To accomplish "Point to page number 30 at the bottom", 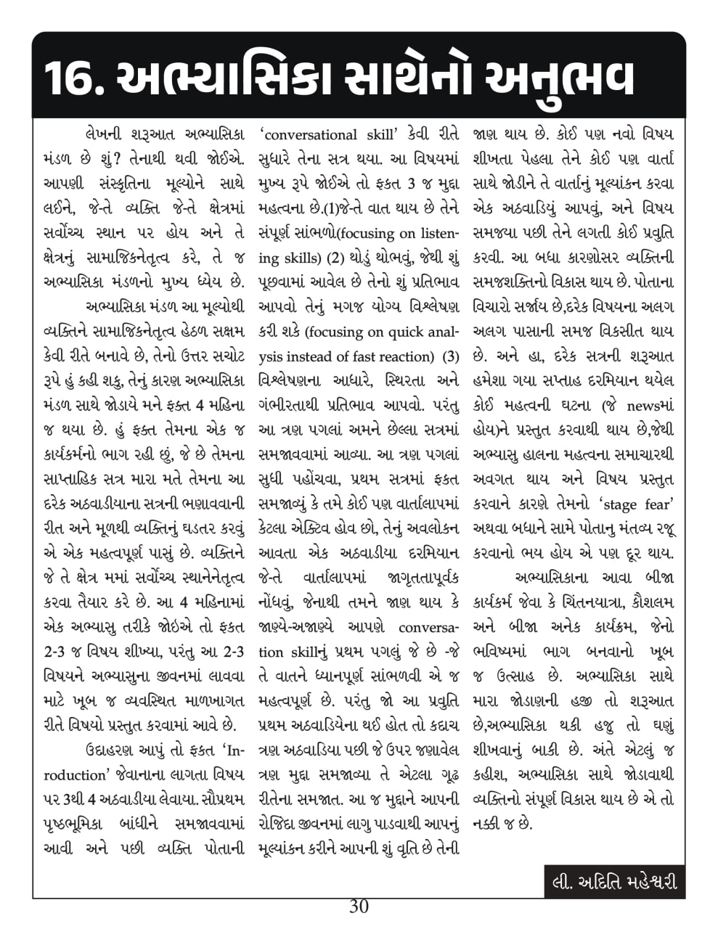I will point(359,907).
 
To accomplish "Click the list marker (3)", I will point(451,356).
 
